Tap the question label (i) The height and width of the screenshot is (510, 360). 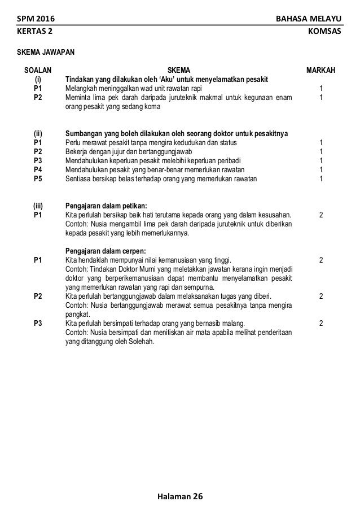pos(38,79)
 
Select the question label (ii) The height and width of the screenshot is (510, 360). pos(38,134)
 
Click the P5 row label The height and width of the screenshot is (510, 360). pos(38,179)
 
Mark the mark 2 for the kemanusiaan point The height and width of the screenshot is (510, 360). pos(321,260)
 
